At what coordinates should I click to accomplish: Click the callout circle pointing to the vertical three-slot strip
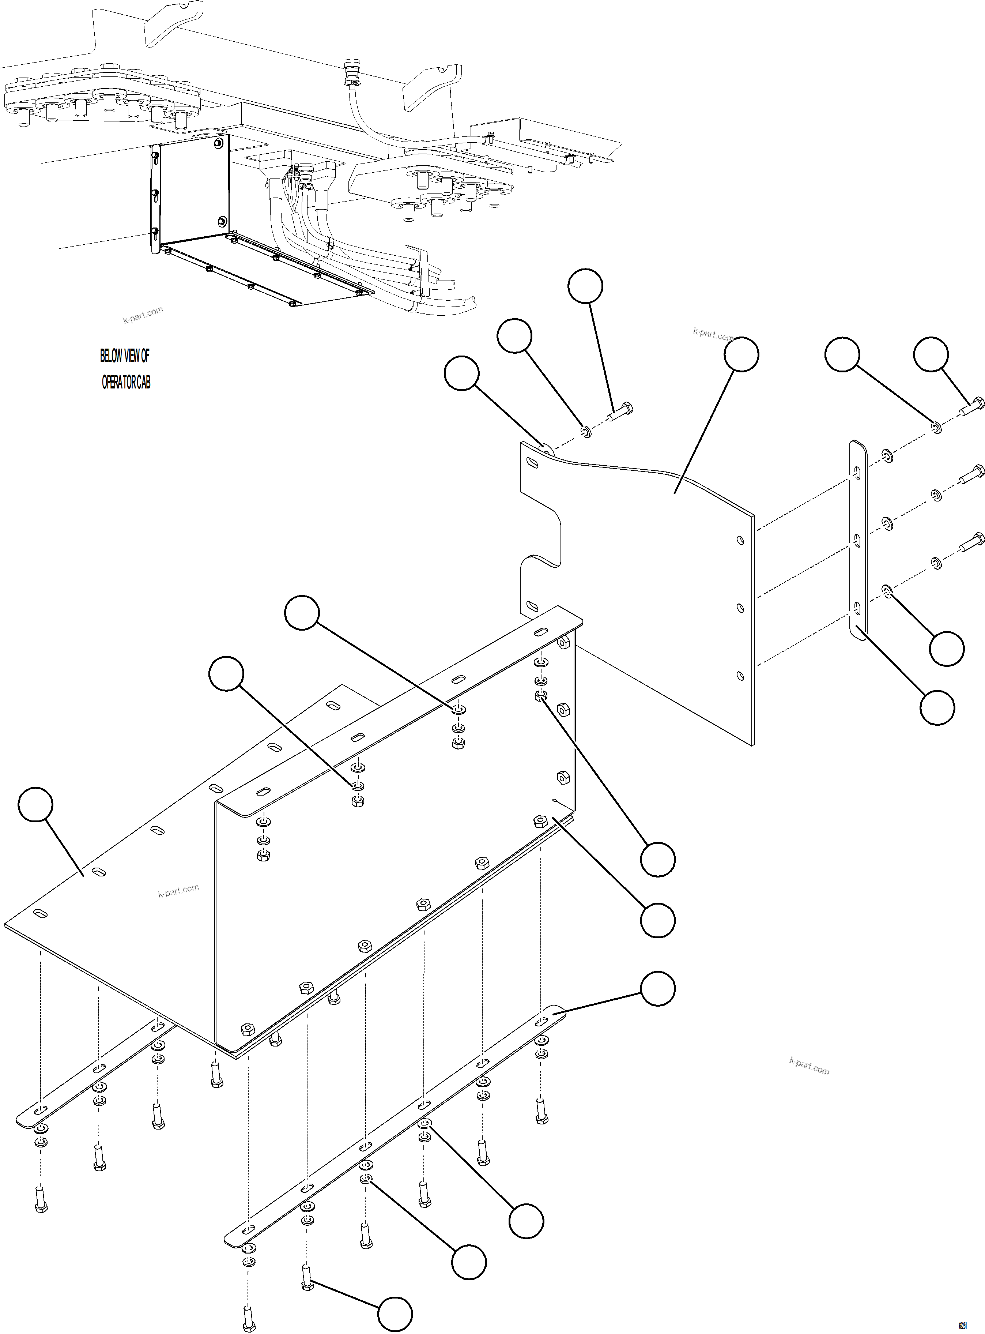(x=937, y=707)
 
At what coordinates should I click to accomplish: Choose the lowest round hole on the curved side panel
(x=740, y=676)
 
